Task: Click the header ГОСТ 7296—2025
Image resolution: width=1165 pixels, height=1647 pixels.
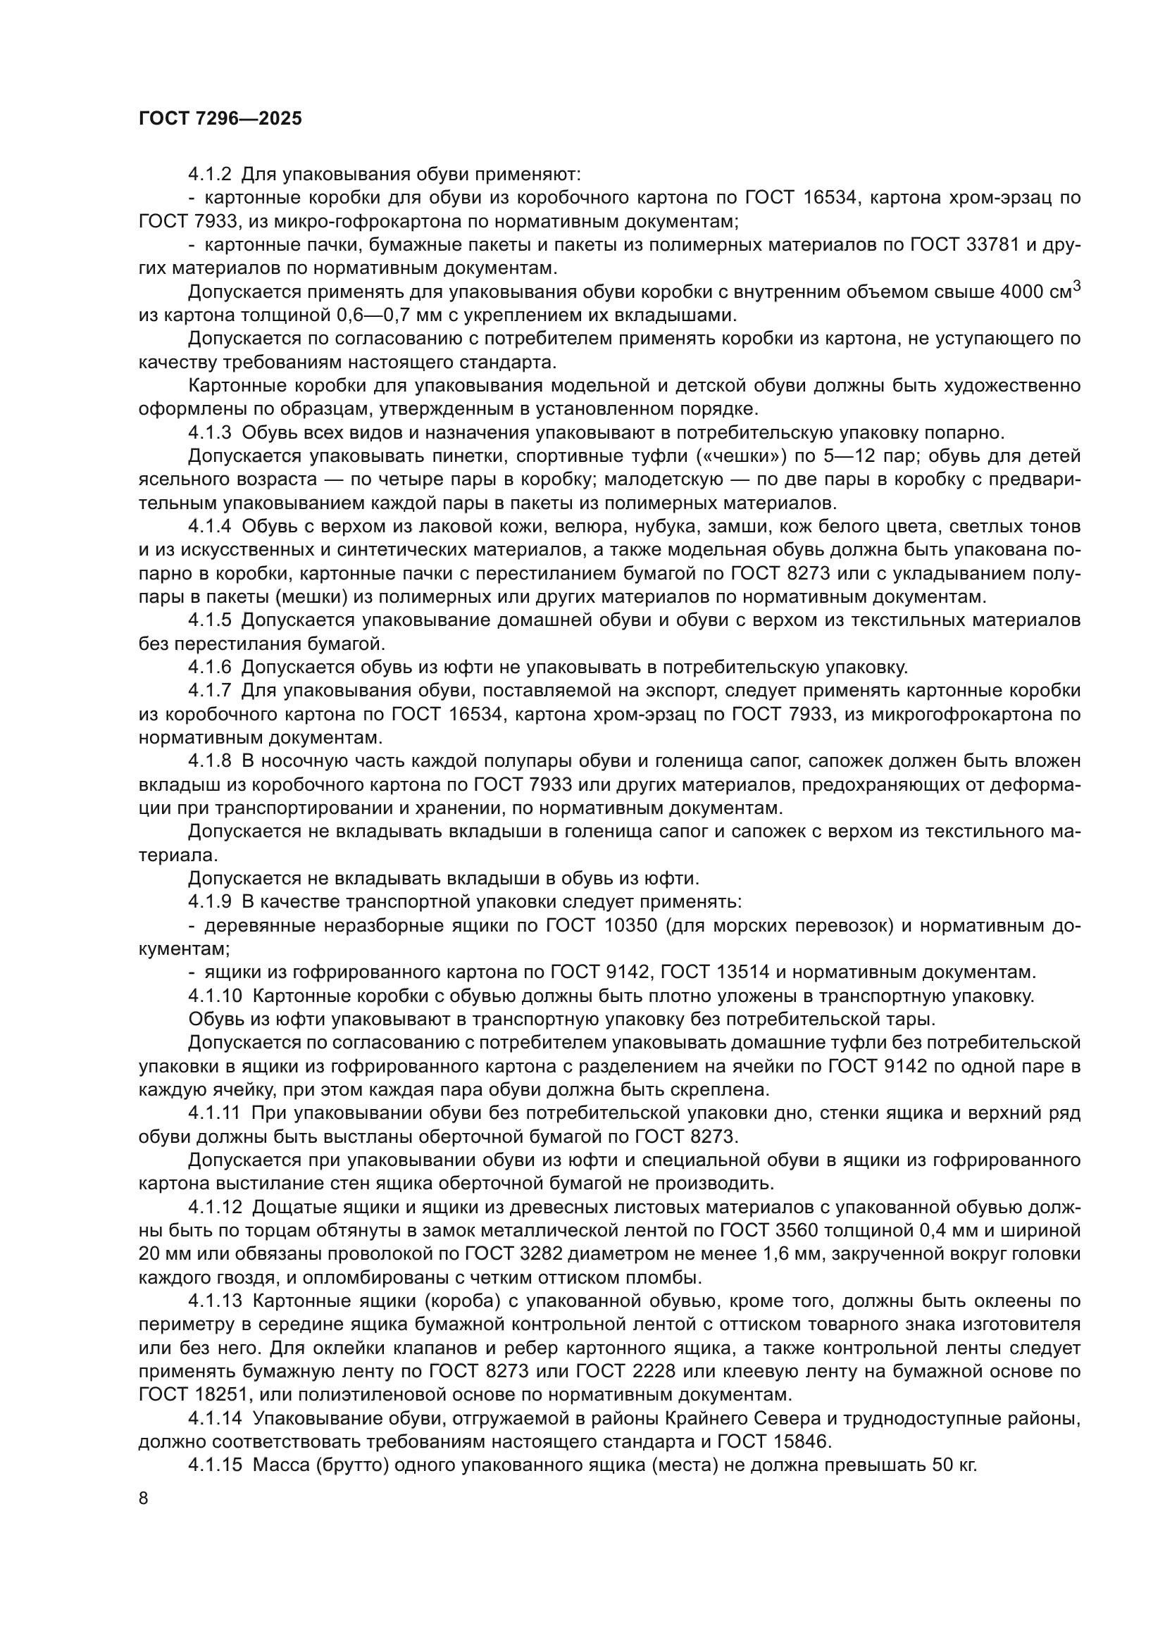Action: click(x=220, y=119)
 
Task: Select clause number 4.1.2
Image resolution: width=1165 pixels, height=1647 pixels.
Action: click(x=209, y=175)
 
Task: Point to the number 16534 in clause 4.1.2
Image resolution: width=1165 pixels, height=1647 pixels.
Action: click(x=830, y=198)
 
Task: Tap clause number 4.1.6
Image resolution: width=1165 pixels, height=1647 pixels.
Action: click(x=209, y=668)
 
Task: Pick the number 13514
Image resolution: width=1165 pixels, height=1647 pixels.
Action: click(x=742, y=972)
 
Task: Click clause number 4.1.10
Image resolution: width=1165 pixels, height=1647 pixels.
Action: click(x=216, y=996)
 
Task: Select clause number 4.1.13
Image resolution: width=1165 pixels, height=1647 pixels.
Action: click(x=216, y=1301)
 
